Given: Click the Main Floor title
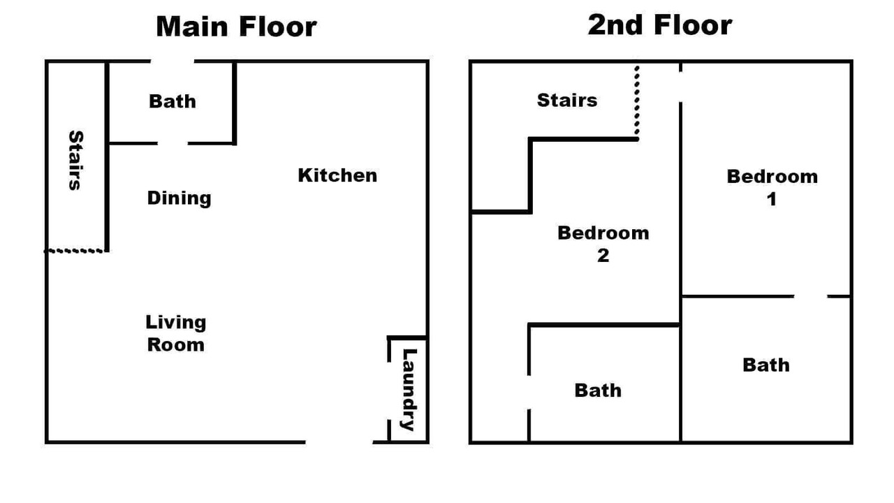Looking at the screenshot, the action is (236, 27).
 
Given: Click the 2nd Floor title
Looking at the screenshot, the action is (660, 24).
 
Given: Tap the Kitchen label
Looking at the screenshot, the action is (337, 175).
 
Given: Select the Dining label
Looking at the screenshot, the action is (179, 198).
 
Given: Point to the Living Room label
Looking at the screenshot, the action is (175, 334).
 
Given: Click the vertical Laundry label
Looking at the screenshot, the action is (409, 390).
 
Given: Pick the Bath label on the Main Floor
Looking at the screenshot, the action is (173, 101).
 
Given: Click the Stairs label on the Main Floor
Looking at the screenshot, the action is (76, 160).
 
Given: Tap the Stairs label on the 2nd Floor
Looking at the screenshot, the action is (567, 100).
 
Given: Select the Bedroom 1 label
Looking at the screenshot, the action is (772, 188).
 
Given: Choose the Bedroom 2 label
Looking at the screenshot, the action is (603, 244).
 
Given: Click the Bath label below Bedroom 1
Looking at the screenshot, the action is (766, 365).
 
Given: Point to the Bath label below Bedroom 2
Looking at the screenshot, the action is (599, 391).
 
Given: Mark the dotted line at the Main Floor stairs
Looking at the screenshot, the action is (75, 251).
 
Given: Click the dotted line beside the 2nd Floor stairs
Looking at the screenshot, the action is (636, 101).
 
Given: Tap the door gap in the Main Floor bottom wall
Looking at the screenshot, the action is (339, 442).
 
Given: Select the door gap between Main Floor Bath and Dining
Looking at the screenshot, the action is (173, 143).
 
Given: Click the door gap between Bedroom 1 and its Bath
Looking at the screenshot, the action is (811, 296).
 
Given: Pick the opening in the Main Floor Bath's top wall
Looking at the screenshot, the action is (173, 61).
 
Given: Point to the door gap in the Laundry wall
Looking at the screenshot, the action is (389, 391).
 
